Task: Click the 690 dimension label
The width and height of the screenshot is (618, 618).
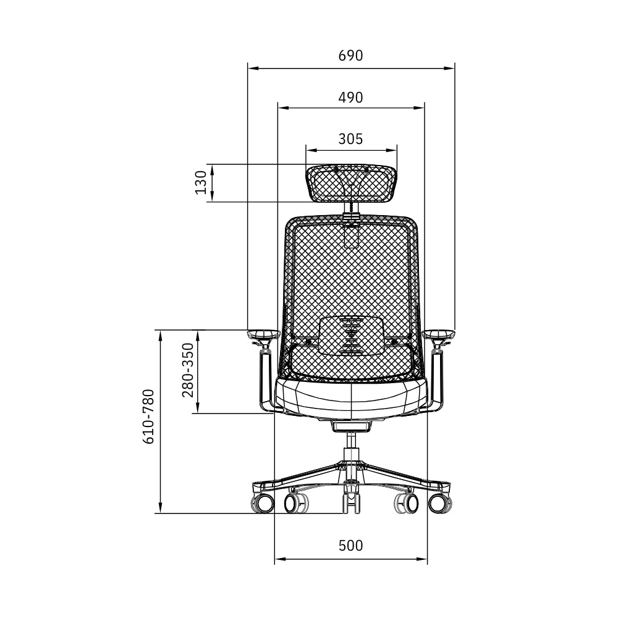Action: point(350,56)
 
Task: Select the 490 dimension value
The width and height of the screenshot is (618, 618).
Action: point(350,98)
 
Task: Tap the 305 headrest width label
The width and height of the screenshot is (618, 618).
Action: point(350,138)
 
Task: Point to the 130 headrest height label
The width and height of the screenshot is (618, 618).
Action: point(201,182)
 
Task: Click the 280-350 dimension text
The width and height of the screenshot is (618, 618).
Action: point(188,370)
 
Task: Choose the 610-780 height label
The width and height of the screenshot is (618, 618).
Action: point(148,417)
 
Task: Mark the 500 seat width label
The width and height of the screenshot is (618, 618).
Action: point(350,546)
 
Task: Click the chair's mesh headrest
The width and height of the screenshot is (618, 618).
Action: point(351,184)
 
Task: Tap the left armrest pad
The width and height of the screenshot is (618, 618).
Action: point(264,334)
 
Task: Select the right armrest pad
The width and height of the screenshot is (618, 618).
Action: point(439,334)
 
